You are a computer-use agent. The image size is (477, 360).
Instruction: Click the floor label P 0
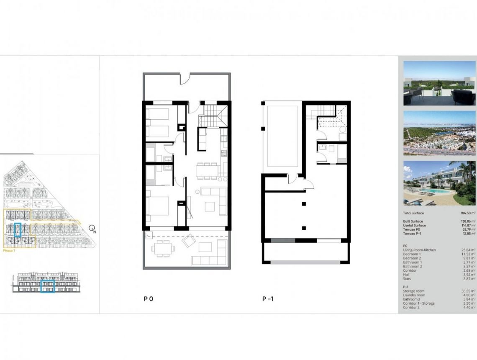tap(149, 299)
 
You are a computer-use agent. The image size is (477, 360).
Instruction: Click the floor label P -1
tap(268, 299)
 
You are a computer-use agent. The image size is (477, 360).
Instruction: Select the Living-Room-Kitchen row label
tap(419, 250)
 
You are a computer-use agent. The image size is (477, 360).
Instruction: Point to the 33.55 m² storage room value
tap(468, 291)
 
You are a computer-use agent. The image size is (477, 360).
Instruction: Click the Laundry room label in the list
tap(414, 295)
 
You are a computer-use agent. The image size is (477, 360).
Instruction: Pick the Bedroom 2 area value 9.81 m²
tap(469, 258)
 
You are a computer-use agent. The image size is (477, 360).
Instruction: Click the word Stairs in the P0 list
tap(408, 279)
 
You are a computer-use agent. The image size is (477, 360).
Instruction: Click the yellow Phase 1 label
tap(8, 251)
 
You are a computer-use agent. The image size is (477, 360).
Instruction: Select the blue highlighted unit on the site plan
tap(18, 230)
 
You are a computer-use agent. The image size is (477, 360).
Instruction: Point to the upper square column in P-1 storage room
tap(304, 204)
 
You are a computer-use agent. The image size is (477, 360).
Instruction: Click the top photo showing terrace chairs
tap(439, 83)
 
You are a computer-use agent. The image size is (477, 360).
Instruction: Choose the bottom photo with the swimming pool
tap(439, 183)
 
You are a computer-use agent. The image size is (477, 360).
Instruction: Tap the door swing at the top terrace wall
tap(185, 78)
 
